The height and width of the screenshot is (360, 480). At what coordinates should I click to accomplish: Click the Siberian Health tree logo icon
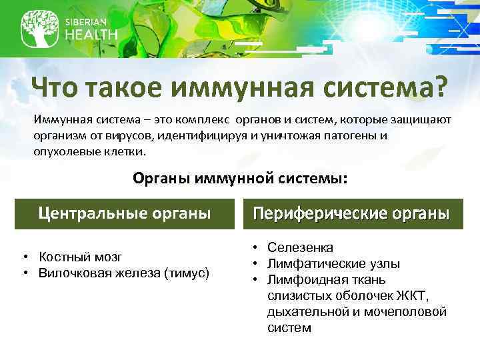[39, 27]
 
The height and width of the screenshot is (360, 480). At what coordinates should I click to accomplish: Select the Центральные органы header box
[124, 213]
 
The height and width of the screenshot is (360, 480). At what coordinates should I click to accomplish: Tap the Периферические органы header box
[351, 214]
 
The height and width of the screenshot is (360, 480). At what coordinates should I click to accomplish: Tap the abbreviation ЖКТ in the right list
[412, 296]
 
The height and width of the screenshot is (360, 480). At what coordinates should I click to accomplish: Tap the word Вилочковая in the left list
[69, 272]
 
